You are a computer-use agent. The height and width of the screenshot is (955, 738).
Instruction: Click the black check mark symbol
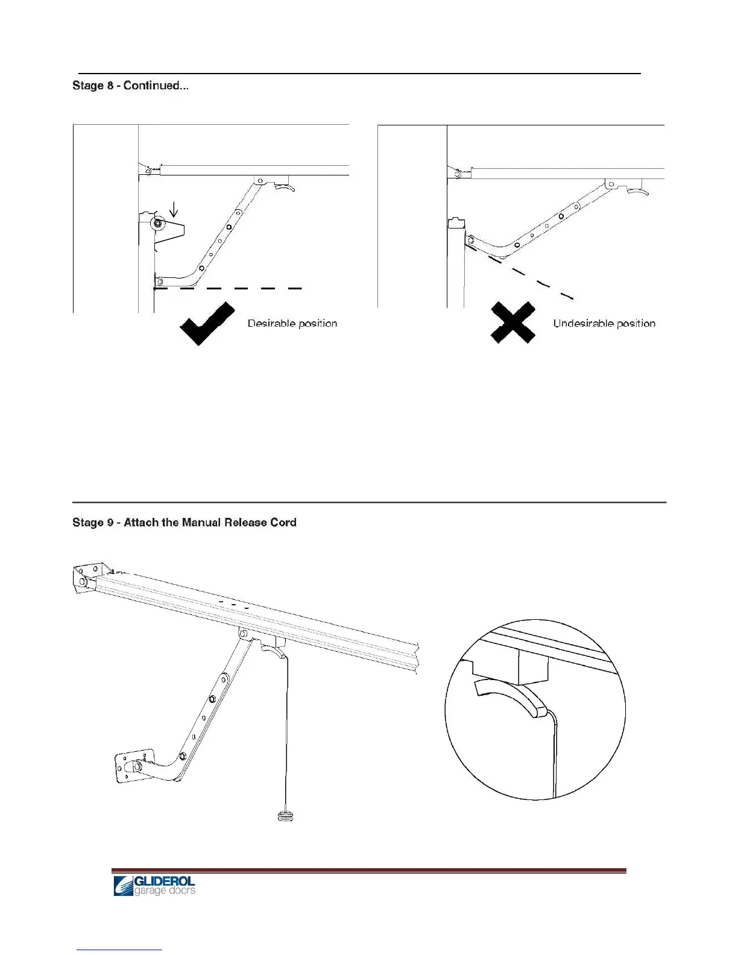[207, 324]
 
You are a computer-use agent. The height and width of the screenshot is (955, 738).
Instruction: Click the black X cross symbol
[512, 323]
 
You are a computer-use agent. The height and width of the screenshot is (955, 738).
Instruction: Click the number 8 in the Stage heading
[110, 86]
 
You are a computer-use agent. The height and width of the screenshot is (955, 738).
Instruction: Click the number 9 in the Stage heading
[110, 523]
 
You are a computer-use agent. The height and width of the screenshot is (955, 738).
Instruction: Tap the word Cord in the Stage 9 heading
[283, 523]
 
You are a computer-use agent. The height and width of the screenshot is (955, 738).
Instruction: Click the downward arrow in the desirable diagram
[174, 210]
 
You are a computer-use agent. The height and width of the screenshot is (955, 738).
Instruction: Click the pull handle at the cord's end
[286, 817]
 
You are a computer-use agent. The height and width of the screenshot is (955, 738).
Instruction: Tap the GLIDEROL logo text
[164, 881]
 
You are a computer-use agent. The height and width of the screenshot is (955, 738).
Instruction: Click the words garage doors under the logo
[164, 891]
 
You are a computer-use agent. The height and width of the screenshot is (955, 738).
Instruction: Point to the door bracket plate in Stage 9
[133, 766]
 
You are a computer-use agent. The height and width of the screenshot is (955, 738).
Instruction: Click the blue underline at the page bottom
[119, 950]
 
